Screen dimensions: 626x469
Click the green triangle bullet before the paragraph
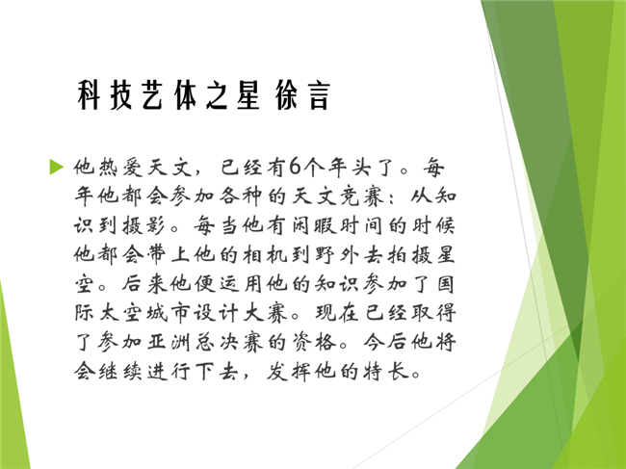(x=56, y=167)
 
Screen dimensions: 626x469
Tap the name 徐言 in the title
(x=302, y=94)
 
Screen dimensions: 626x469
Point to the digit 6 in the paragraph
(x=295, y=167)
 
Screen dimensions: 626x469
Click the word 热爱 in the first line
(x=108, y=167)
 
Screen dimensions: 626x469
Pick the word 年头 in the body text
(x=350, y=167)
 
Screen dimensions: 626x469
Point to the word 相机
(x=265, y=254)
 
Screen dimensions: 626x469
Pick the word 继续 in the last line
(x=119, y=372)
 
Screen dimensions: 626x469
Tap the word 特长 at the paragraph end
(x=386, y=372)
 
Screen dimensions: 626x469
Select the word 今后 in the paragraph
(x=386, y=343)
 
